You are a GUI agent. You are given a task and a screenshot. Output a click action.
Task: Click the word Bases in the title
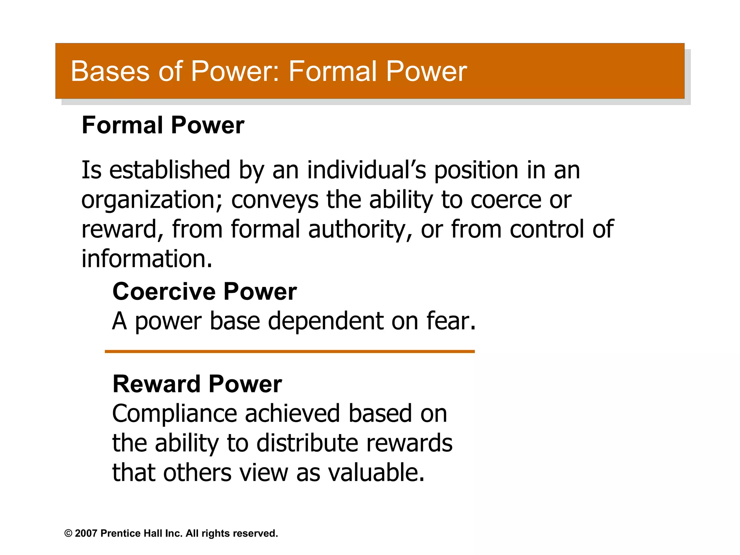(x=110, y=71)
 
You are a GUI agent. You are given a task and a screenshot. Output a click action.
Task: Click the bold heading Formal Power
(x=163, y=125)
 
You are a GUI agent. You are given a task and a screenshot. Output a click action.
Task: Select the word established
(x=169, y=170)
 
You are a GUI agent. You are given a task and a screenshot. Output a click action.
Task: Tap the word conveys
(x=275, y=200)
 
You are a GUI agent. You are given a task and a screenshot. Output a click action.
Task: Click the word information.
(x=147, y=259)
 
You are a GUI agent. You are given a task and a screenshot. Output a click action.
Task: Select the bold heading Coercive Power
(x=205, y=292)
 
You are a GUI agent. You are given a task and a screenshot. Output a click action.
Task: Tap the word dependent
(x=326, y=321)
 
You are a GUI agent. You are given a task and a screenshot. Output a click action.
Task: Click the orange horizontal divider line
(x=289, y=351)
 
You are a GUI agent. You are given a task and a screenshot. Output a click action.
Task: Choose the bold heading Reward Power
(x=197, y=384)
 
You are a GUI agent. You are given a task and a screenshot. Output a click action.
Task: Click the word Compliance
(x=174, y=413)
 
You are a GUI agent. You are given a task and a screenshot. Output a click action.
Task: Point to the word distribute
(x=307, y=443)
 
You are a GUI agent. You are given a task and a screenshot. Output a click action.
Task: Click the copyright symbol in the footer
(x=68, y=533)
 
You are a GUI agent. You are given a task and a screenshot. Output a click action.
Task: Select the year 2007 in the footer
(x=86, y=533)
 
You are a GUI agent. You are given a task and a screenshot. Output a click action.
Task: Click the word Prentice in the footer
(x=120, y=533)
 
